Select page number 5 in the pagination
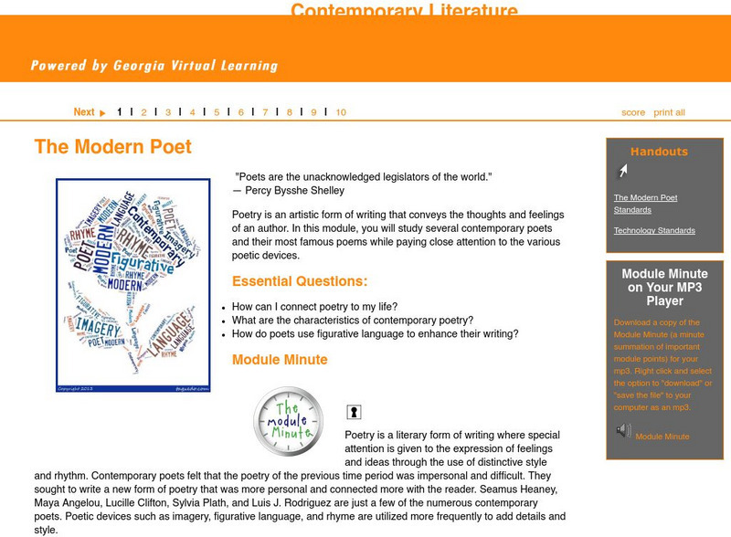point(217,112)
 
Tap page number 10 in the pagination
point(340,112)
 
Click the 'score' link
point(633,112)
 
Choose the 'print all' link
point(669,112)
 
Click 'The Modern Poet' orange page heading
point(112,147)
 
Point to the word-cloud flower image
point(133,285)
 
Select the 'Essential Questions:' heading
point(300,281)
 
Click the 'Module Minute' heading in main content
point(280,360)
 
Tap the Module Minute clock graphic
point(288,421)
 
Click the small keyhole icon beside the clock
point(354,413)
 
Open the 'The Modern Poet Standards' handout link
point(645,204)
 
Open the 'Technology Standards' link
point(654,231)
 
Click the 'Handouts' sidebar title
point(659,153)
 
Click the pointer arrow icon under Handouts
point(622,171)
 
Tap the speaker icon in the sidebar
point(623,430)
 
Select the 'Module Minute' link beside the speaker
point(662,437)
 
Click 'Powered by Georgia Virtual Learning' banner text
point(154,66)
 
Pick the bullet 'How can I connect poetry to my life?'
point(314,307)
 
